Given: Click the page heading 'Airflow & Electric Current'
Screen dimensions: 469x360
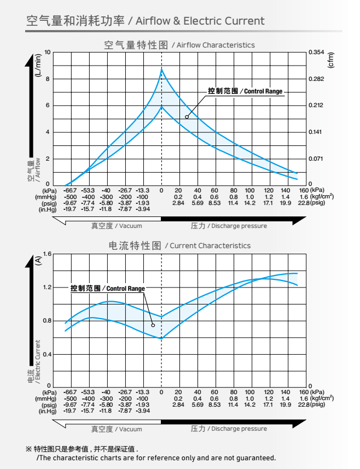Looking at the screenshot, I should pyautogui.click(x=200, y=21).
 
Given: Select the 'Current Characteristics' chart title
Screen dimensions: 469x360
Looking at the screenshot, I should pyautogui.click(x=210, y=246).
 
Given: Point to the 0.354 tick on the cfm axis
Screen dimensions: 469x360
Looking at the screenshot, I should pyautogui.click(x=317, y=52).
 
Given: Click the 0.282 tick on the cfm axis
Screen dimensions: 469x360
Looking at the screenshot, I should pyautogui.click(x=317, y=79).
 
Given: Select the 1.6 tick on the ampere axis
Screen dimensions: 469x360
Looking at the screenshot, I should pyautogui.click(x=47, y=254).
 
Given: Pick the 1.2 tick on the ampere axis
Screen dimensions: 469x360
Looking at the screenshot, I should pyautogui.click(x=47, y=287).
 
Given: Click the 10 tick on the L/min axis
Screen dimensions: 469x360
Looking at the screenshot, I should pyautogui.click(x=48, y=52).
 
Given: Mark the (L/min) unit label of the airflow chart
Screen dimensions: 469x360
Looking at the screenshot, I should pyautogui.click(x=38, y=66).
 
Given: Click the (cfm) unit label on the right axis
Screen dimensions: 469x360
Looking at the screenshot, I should pyautogui.click(x=330, y=60).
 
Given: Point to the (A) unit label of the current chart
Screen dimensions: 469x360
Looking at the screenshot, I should pyautogui.click(x=38, y=261).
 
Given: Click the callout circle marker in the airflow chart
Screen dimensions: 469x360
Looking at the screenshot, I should pyautogui.click(x=187, y=116).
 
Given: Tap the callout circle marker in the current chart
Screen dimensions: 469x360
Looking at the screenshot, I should pyautogui.click(x=153, y=325).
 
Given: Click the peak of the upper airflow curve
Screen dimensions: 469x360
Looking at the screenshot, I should pyautogui.click(x=161, y=69).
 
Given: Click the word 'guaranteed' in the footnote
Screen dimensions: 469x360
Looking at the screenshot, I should pyautogui.click(x=256, y=458).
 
